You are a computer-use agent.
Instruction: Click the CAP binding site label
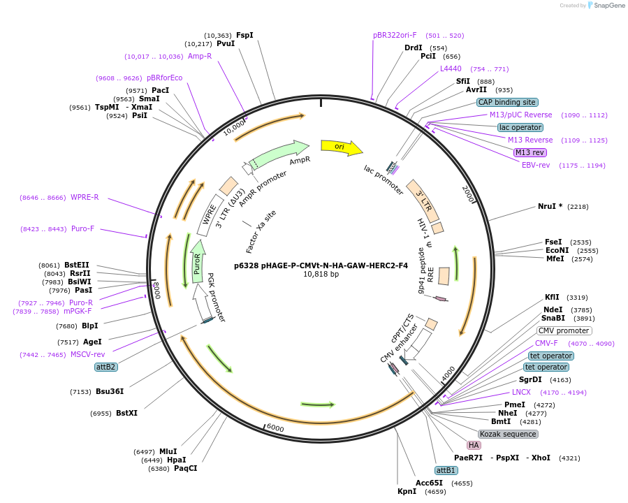click(x=506, y=102)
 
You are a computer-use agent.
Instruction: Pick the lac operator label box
click(x=520, y=127)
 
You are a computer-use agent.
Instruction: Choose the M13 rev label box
click(x=530, y=152)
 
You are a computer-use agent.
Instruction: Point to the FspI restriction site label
click(x=244, y=35)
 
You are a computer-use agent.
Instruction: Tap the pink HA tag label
click(x=474, y=445)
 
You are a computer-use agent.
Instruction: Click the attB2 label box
click(x=106, y=367)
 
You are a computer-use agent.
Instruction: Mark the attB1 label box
click(x=446, y=470)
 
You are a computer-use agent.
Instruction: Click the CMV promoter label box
click(x=564, y=330)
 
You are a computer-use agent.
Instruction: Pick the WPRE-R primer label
click(x=85, y=197)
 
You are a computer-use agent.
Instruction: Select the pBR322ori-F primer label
click(x=395, y=35)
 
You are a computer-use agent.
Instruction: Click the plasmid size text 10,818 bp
click(x=321, y=274)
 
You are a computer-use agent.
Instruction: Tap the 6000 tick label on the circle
click(x=275, y=428)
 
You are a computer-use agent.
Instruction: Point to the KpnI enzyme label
click(x=407, y=492)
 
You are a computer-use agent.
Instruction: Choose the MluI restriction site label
click(x=168, y=451)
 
